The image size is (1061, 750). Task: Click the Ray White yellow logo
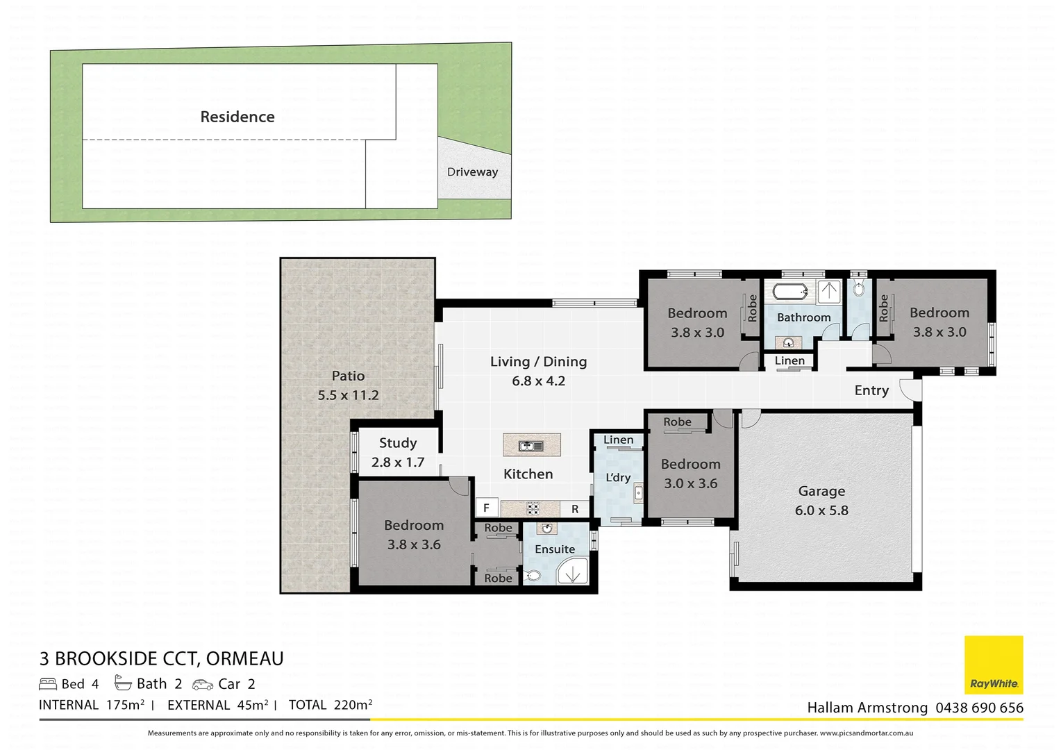coord(994,665)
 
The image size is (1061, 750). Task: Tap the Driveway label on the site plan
coord(472,172)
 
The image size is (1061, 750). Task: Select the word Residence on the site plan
coord(237,117)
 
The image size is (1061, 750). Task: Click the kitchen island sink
coord(531,445)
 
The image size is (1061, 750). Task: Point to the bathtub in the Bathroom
coord(790,291)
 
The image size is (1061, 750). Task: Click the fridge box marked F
coord(486,508)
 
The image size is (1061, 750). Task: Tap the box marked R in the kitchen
coord(575,509)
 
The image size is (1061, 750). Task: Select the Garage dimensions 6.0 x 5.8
coord(821,510)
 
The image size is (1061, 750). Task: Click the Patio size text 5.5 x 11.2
coord(348,395)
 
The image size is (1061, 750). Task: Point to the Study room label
coord(398,443)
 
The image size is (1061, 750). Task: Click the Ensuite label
coord(555,549)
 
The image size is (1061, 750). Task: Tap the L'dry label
coord(618,478)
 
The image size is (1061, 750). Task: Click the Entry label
coord(871,390)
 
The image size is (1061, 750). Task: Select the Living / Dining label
coord(538,362)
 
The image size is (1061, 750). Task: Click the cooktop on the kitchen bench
coord(533,508)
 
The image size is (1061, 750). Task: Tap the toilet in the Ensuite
coord(533,576)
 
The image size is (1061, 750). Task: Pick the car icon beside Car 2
coord(203,685)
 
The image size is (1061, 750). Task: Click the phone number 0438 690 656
coord(979,708)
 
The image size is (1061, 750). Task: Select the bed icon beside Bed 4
coord(48,684)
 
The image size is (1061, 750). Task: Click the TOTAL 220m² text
coord(331,705)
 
